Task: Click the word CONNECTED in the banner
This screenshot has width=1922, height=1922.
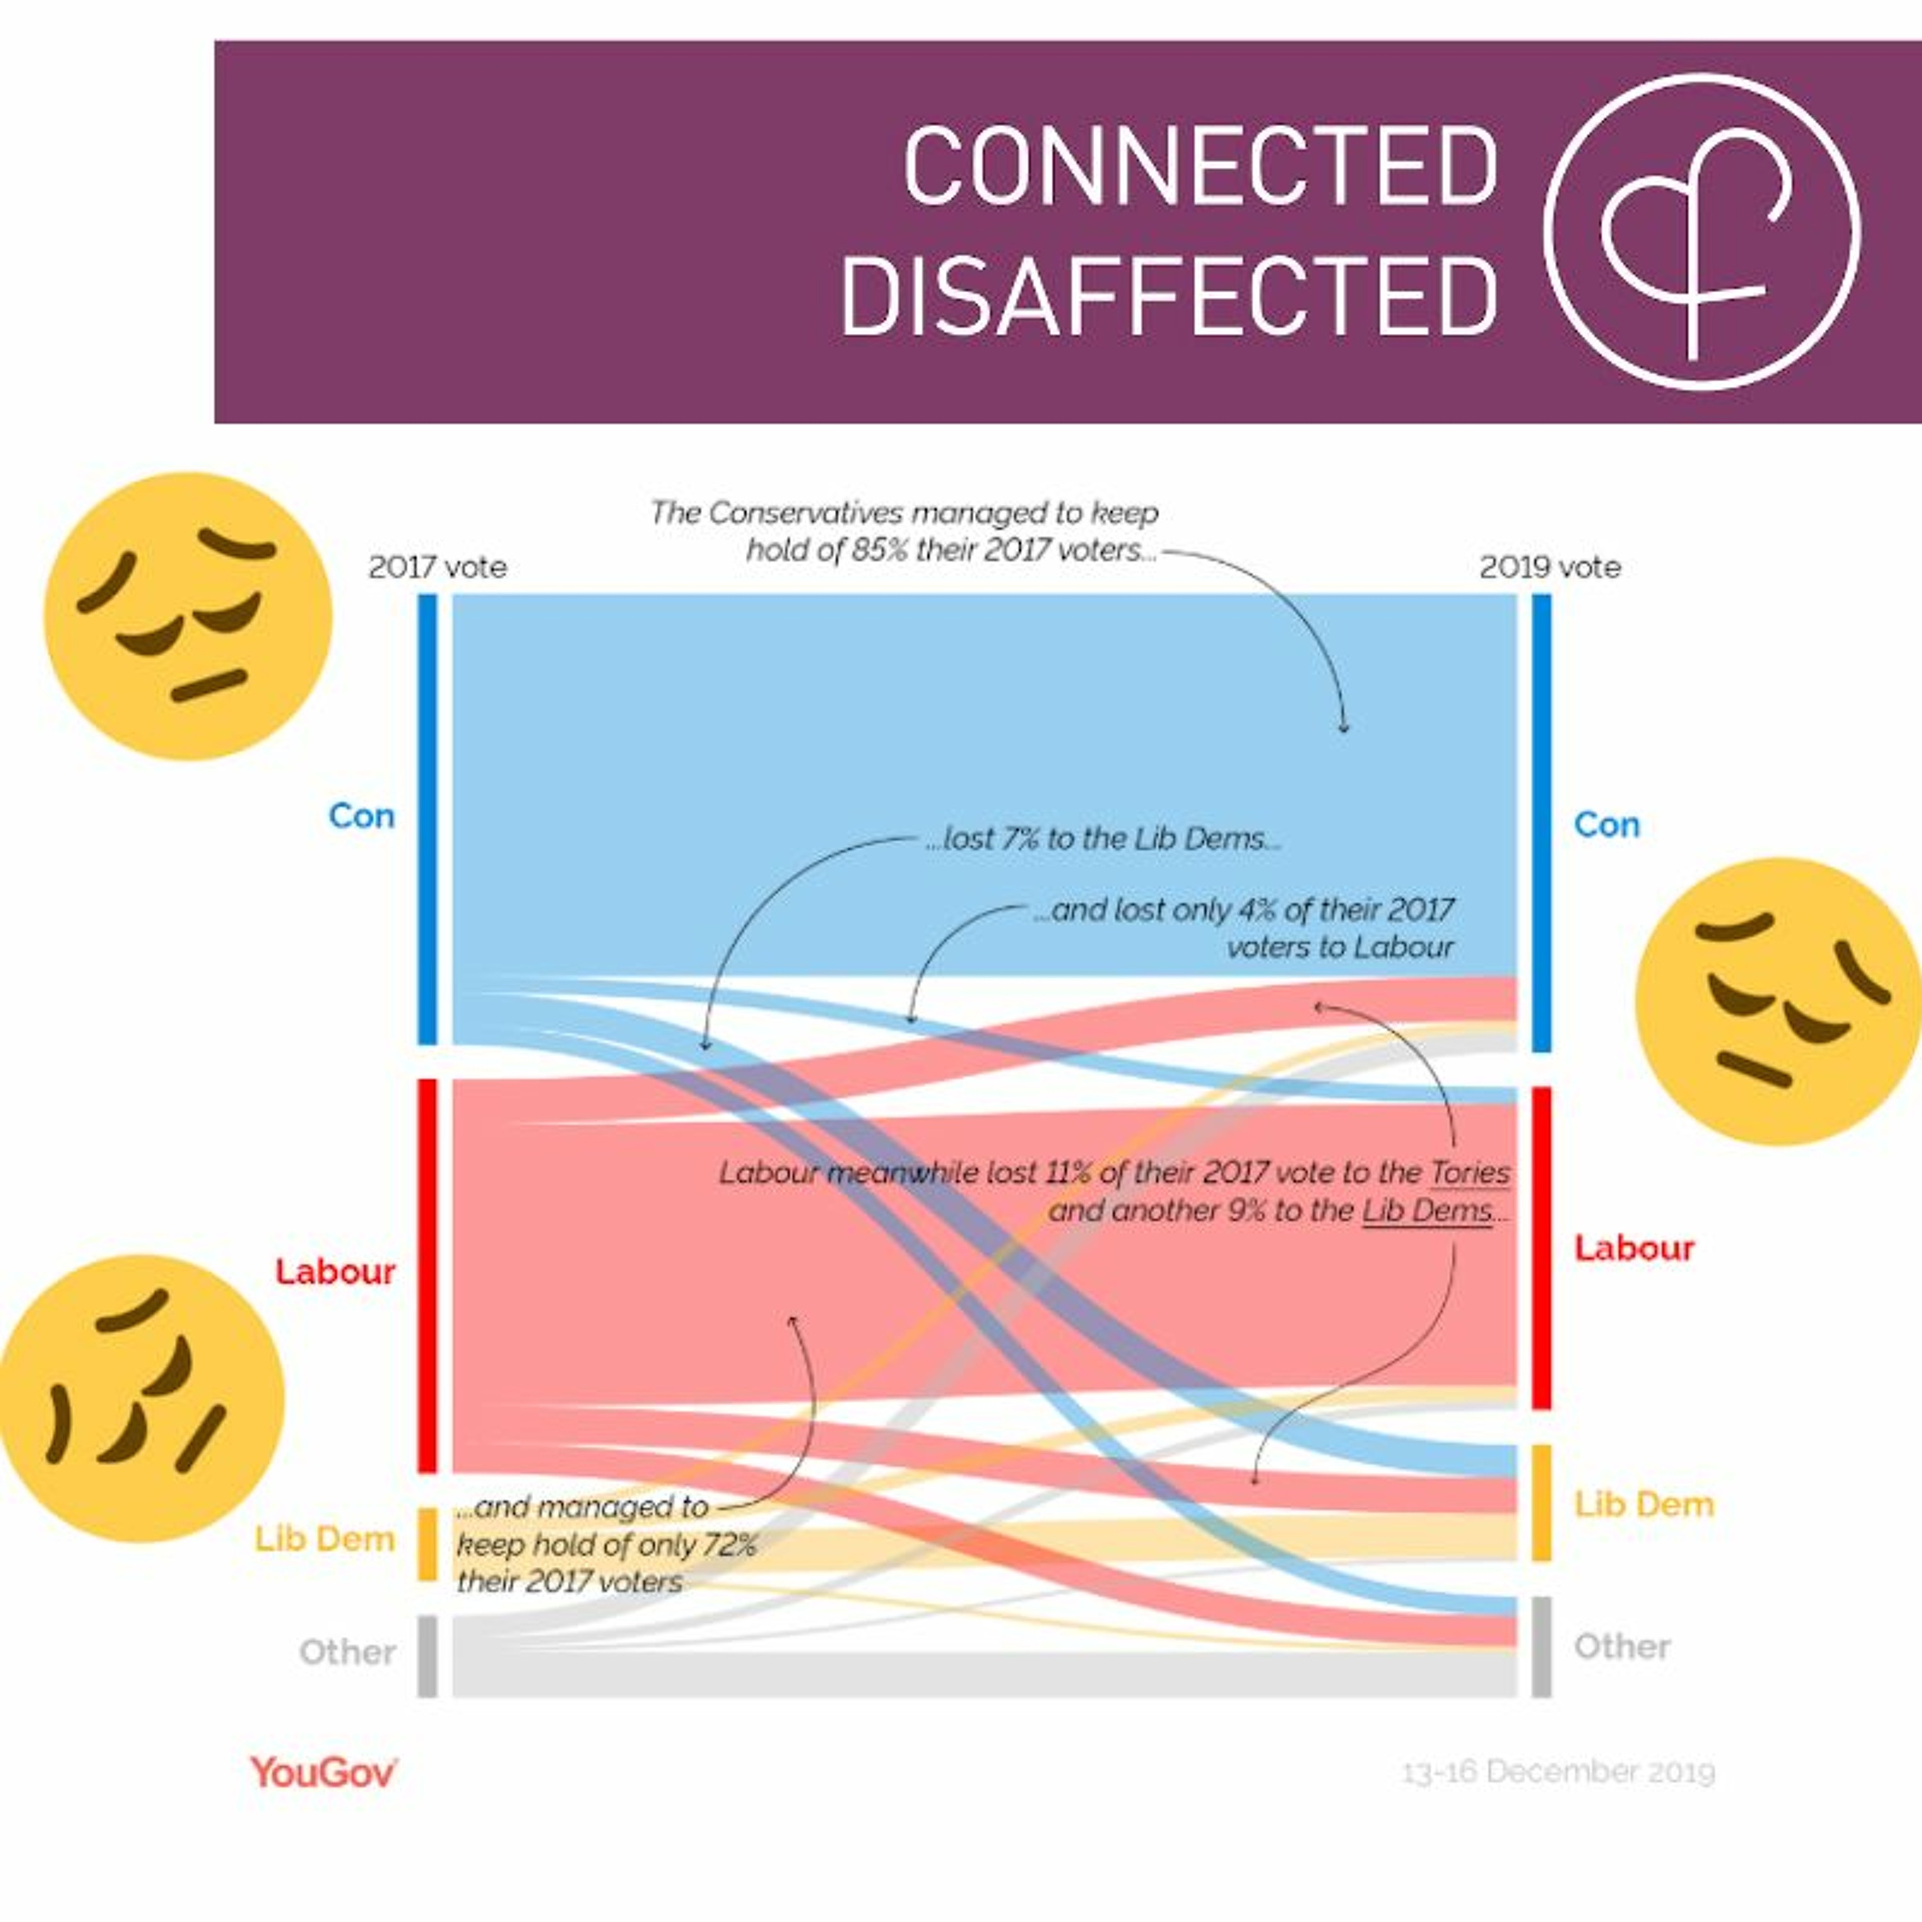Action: [x=1200, y=165]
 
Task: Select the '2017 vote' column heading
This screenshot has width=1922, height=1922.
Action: [x=437, y=567]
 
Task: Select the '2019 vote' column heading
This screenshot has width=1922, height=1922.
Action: [x=1549, y=567]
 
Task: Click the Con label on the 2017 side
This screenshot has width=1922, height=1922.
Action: [x=361, y=816]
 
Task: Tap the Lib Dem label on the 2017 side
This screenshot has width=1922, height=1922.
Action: [x=324, y=1539]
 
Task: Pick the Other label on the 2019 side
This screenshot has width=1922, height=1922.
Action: [x=1622, y=1647]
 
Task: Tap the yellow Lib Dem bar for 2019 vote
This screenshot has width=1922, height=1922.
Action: [x=1541, y=1502]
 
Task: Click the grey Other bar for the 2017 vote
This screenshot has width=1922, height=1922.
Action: [x=427, y=1655]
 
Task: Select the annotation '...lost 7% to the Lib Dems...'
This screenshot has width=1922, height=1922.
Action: [x=1102, y=839]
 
